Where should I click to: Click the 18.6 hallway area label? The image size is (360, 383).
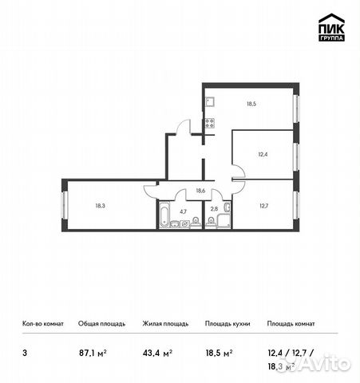click(x=201, y=191)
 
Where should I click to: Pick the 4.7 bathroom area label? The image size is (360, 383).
click(x=183, y=212)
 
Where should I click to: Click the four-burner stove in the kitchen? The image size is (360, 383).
click(x=209, y=123)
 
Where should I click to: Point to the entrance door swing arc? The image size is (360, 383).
click(x=183, y=127)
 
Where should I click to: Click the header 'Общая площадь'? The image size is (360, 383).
click(x=101, y=324)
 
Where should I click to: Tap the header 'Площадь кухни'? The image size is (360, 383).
click(x=227, y=324)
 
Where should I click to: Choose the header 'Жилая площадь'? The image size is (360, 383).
click(x=165, y=324)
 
